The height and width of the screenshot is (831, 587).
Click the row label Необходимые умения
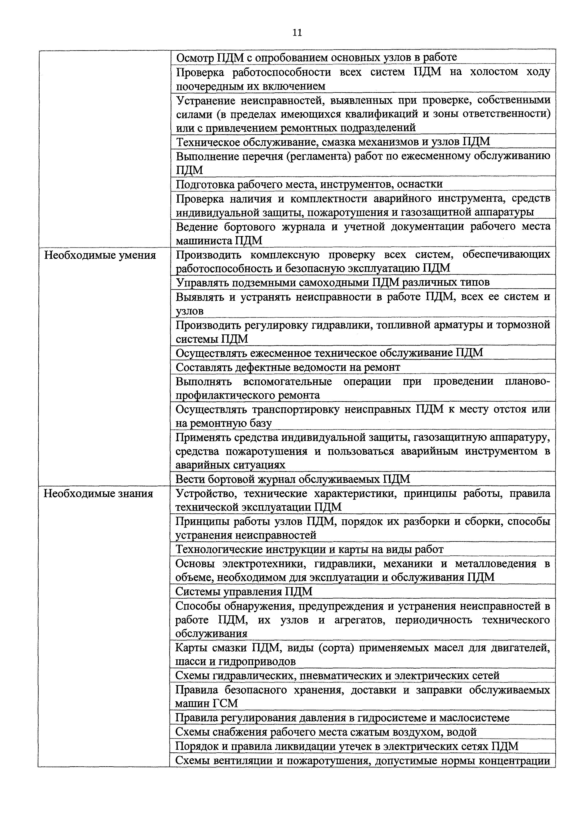(x=100, y=256)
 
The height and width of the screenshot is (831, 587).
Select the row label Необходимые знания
(x=98, y=494)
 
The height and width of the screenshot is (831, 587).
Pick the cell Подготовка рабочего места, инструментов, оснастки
(x=309, y=184)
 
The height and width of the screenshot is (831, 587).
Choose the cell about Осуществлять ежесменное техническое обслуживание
(x=329, y=353)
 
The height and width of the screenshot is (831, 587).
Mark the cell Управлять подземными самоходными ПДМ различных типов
(x=333, y=282)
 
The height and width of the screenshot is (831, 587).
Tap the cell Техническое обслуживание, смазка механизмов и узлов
(x=333, y=142)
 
